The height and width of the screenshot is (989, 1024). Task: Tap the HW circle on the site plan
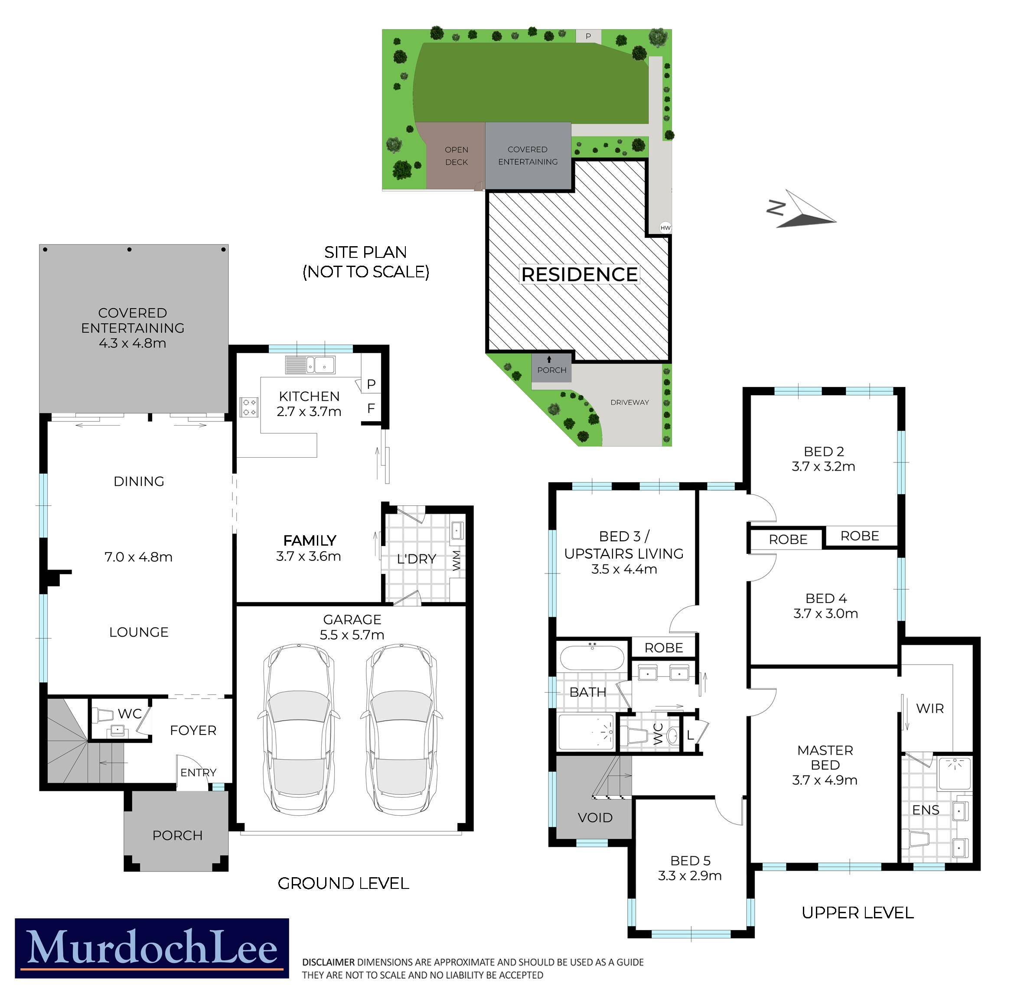click(x=665, y=228)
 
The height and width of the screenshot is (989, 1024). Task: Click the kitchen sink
click(x=310, y=365)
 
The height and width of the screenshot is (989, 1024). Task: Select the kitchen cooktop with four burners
click(x=249, y=407)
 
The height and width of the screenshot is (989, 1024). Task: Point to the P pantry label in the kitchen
click(x=371, y=384)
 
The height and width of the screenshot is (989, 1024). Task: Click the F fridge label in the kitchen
click(x=371, y=408)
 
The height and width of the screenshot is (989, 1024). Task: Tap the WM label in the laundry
click(x=457, y=560)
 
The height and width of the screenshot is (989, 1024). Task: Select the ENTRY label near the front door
click(x=198, y=772)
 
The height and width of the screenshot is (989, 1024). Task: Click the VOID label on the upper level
click(x=595, y=817)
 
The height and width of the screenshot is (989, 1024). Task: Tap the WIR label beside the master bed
click(x=930, y=709)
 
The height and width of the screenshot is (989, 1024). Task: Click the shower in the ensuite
click(x=955, y=773)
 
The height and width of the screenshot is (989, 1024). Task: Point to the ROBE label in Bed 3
click(x=663, y=648)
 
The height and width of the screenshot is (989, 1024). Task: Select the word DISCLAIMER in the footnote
click(x=329, y=962)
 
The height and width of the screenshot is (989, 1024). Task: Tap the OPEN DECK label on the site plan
click(x=456, y=156)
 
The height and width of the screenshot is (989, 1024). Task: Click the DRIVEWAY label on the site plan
click(x=629, y=402)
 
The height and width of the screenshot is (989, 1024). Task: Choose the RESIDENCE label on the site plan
click(x=579, y=274)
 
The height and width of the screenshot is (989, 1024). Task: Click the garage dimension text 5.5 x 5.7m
click(x=352, y=635)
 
